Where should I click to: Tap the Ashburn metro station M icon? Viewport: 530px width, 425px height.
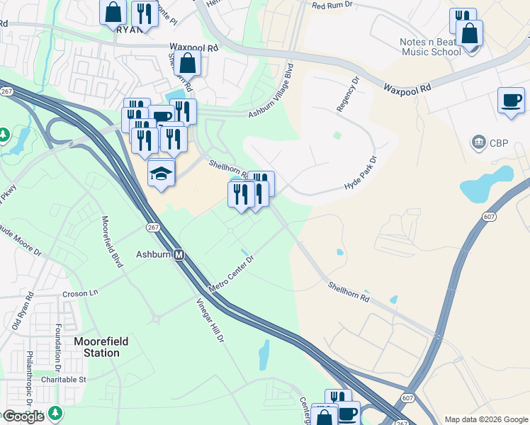(x=179, y=255)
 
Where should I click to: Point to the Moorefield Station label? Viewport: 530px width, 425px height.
(x=101, y=347)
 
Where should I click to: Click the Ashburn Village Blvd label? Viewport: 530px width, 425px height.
(x=270, y=92)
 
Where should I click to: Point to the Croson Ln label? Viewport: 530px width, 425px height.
(x=80, y=293)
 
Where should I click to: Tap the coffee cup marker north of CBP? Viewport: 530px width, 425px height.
(x=511, y=101)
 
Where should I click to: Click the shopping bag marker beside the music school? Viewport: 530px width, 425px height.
(x=469, y=33)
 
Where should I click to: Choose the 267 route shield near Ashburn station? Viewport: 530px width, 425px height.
(x=153, y=227)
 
